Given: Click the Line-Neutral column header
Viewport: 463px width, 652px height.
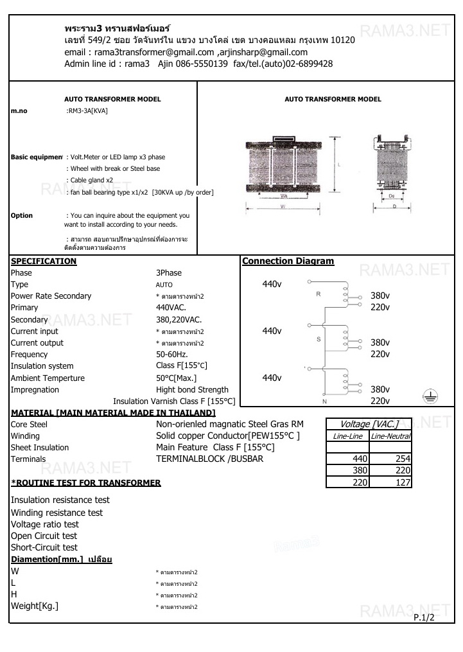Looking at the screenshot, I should coord(391,436).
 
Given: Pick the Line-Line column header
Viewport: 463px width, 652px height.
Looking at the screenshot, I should coord(348,436).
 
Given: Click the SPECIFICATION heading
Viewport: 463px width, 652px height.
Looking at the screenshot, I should coord(44,261).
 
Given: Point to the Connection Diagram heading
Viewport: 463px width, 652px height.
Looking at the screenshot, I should coord(288,261).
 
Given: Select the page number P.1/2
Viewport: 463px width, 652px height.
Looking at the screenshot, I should coord(424,617).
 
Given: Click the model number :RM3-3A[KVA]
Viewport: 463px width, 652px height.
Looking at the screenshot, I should coord(87,110).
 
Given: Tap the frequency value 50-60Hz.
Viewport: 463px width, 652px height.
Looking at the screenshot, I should coord(171,355).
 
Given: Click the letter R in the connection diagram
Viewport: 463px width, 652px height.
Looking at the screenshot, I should coord(318,294).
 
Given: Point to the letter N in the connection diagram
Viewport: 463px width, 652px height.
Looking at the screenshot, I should coord(324,401).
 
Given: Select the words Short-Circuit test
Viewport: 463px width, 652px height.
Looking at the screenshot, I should coord(44,547).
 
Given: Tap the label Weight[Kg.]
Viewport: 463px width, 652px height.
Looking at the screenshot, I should coord(35,606).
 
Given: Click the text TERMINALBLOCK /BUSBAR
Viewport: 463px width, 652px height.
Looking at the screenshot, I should coord(209,459).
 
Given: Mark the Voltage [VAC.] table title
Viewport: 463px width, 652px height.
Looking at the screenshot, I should coord(369,424).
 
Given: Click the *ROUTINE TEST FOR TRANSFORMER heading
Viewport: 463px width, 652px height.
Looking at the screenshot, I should coord(86,483).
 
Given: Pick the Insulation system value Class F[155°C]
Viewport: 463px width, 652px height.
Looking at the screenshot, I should coord(182,366).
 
